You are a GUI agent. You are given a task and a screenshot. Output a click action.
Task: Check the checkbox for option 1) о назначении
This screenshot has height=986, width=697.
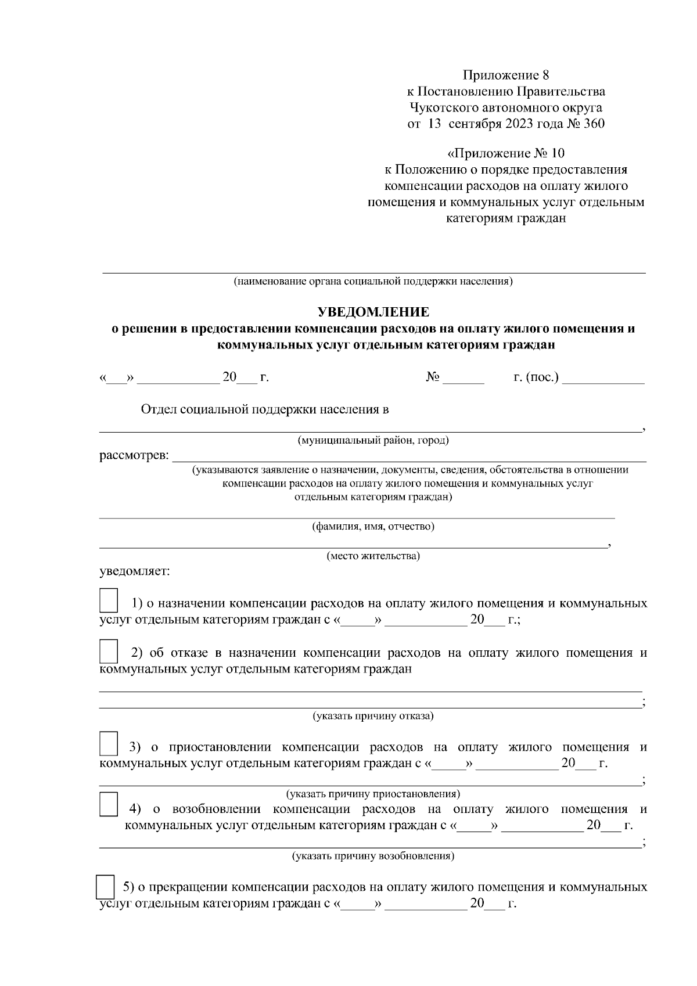point(109,600)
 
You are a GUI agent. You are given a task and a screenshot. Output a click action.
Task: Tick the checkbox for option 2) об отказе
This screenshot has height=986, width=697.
point(109,651)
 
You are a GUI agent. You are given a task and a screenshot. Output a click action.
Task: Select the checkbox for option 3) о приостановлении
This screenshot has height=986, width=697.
point(109,744)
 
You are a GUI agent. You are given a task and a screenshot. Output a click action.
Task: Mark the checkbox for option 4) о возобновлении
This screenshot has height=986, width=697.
point(109,805)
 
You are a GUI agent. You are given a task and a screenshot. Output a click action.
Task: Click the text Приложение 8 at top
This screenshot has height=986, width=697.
point(505,75)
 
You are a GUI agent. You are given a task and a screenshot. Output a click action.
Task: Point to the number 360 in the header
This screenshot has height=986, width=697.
point(592,124)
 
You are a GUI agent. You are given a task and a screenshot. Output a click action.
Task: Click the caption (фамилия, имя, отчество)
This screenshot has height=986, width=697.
point(373,527)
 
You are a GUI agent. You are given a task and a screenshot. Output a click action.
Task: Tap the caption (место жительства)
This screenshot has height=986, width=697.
point(373,556)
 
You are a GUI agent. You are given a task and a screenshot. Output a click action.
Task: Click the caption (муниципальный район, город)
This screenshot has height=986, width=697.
point(373,440)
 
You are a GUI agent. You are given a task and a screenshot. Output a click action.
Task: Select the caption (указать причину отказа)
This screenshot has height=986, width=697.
point(373,715)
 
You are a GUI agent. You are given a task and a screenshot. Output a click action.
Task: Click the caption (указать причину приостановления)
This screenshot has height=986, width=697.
point(373,793)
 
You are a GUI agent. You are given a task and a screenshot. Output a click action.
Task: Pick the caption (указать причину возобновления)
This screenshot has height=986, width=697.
point(373,856)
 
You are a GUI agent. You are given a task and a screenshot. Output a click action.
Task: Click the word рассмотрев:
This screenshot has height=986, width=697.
point(134,455)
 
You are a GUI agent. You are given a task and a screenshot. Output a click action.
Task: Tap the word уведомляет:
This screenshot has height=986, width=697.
point(135,571)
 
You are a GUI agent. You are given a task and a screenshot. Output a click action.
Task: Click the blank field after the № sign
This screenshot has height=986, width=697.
point(464,379)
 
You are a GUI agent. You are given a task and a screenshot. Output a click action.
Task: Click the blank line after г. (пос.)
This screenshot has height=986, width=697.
point(604,379)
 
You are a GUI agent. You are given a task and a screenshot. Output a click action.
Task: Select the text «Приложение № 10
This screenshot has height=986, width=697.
point(505,154)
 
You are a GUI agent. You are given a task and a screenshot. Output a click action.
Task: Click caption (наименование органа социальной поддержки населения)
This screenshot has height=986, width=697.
point(373,282)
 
